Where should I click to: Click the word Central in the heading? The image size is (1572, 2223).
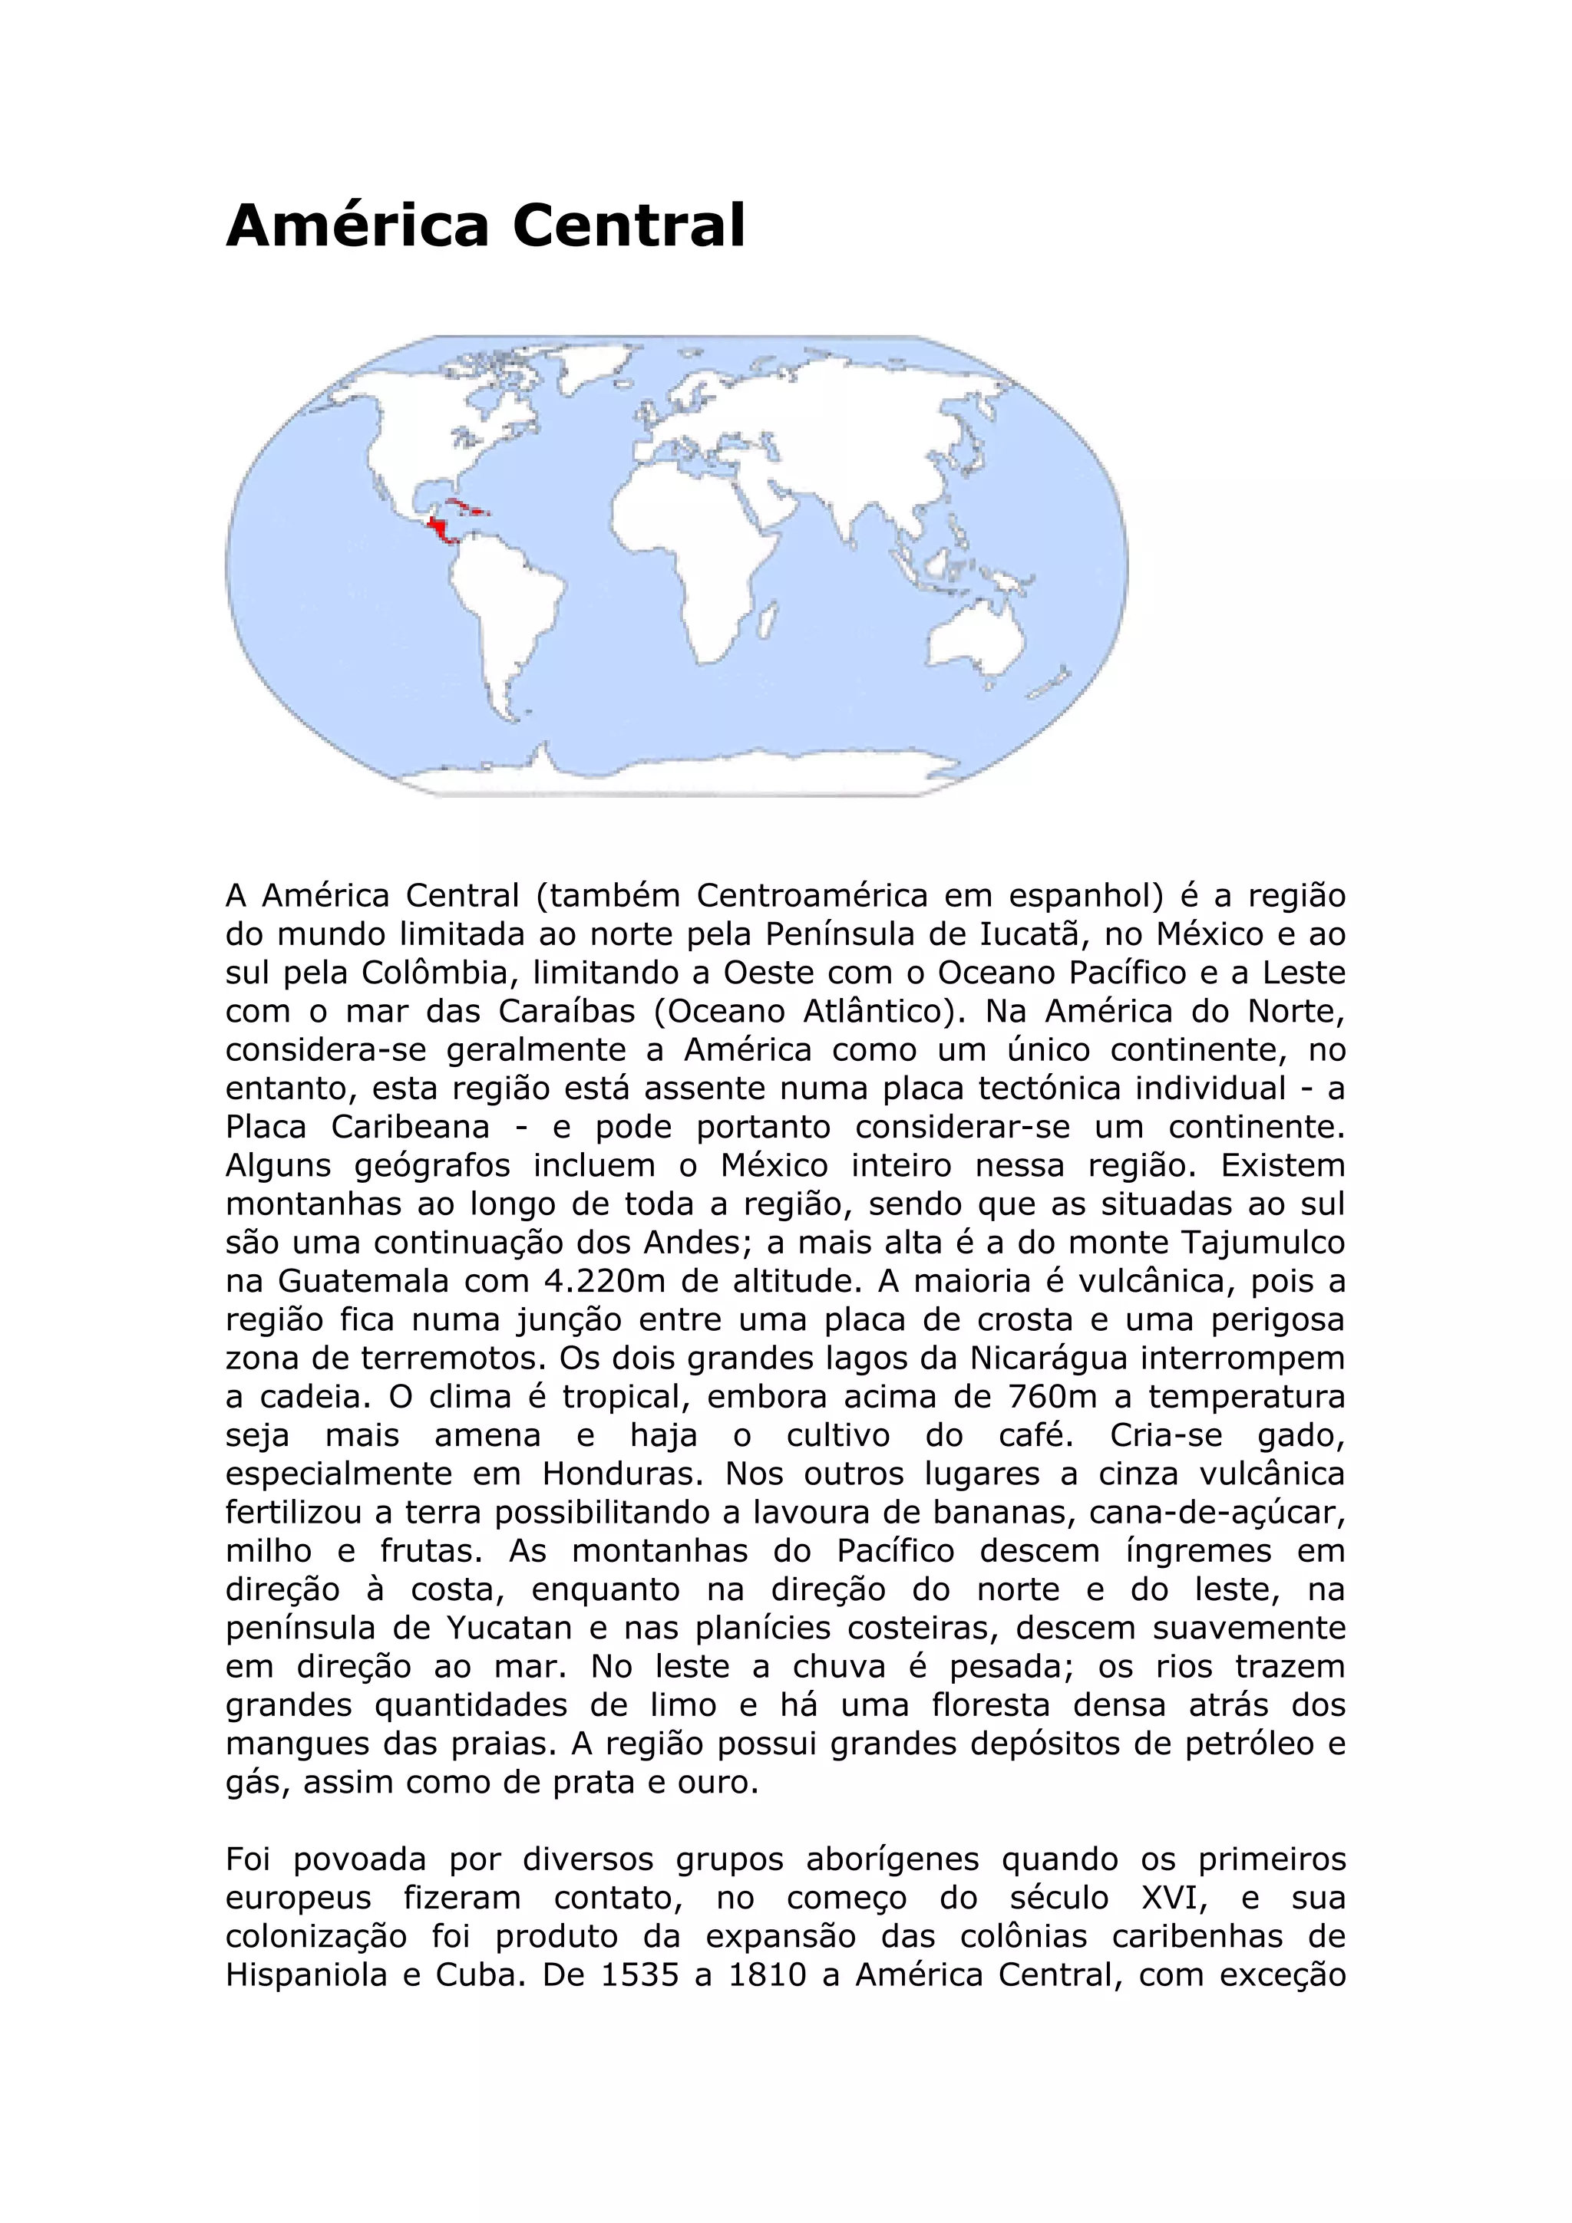pyautogui.click(x=629, y=226)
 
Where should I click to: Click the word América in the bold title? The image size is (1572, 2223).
pyautogui.click(x=358, y=226)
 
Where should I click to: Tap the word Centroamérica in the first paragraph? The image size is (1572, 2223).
pyautogui.click(x=811, y=897)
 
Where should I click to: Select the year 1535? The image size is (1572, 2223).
pyautogui.click(x=639, y=1975)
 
